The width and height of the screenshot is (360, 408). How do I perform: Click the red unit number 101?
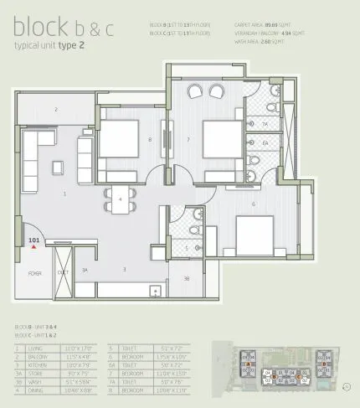(x=33, y=240)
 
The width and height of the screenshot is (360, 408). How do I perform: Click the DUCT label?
(x=63, y=273)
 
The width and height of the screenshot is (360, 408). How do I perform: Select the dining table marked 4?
(x=120, y=199)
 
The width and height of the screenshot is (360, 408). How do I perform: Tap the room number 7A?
(x=265, y=125)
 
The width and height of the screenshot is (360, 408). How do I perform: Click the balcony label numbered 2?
(x=56, y=110)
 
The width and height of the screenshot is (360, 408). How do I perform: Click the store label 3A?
(x=85, y=270)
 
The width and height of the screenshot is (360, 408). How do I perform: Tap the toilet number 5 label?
(x=187, y=248)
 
